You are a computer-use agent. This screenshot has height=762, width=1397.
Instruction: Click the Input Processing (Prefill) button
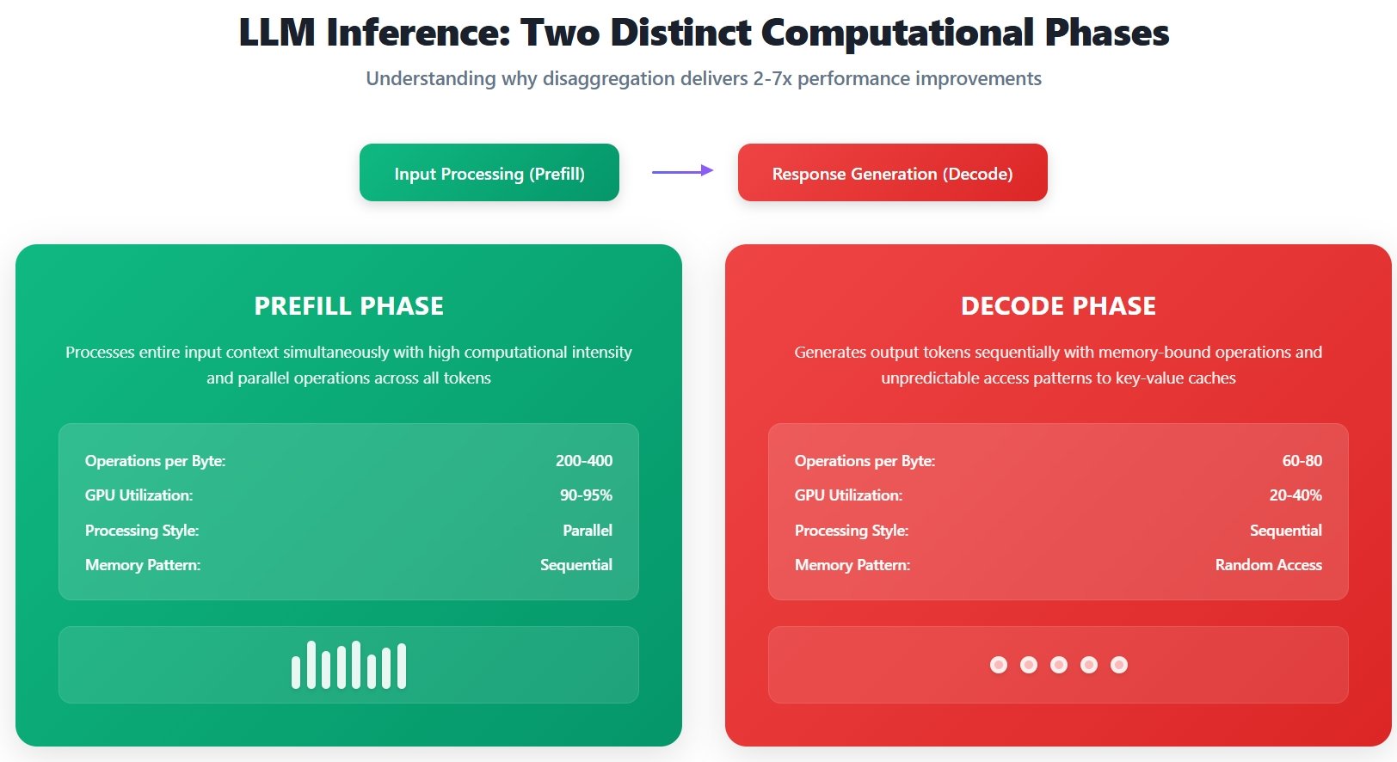(x=489, y=173)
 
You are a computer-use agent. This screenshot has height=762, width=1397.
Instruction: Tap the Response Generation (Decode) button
(x=892, y=173)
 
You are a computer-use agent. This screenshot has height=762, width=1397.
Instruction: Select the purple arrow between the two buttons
(x=682, y=171)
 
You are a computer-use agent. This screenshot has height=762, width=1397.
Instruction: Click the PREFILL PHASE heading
(x=348, y=306)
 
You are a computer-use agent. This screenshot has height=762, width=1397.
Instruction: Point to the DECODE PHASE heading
(x=1058, y=306)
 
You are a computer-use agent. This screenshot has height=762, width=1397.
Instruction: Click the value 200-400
(x=584, y=461)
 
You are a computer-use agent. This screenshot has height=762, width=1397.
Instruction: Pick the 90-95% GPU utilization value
(x=586, y=495)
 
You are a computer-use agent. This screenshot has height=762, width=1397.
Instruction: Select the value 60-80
(x=1302, y=461)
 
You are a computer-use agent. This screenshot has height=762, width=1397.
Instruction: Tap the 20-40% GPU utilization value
(x=1295, y=495)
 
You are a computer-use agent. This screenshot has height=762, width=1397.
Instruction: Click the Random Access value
(x=1269, y=565)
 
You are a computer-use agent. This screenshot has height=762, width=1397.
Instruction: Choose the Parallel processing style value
(x=588, y=530)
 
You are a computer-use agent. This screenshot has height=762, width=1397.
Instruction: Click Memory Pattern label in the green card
(x=143, y=565)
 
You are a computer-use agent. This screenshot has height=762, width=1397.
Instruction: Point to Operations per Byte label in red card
(x=865, y=461)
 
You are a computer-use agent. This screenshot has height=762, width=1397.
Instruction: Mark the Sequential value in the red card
(x=1286, y=530)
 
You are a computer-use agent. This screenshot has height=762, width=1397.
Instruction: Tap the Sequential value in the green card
(x=576, y=565)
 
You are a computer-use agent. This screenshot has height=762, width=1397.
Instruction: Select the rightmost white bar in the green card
(x=402, y=666)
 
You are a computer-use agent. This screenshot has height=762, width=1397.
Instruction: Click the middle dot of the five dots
(x=1058, y=665)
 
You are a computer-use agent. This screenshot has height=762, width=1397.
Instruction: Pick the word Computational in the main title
(x=897, y=33)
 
